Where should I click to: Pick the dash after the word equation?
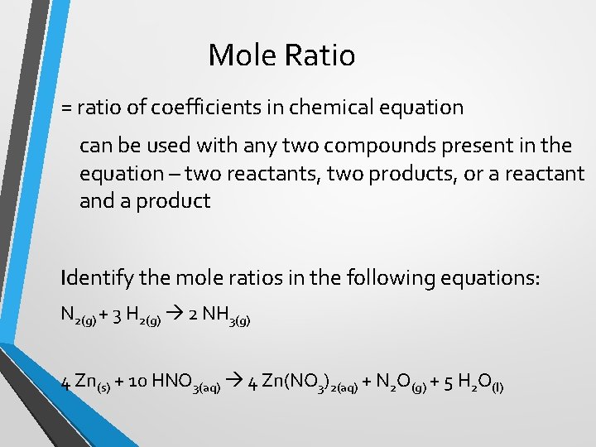(x=175, y=175)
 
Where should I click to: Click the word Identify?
(x=93, y=278)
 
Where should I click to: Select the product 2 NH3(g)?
(x=219, y=315)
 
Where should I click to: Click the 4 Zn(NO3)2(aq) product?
(x=303, y=383)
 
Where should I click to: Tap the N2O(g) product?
(x=401, y=383)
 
